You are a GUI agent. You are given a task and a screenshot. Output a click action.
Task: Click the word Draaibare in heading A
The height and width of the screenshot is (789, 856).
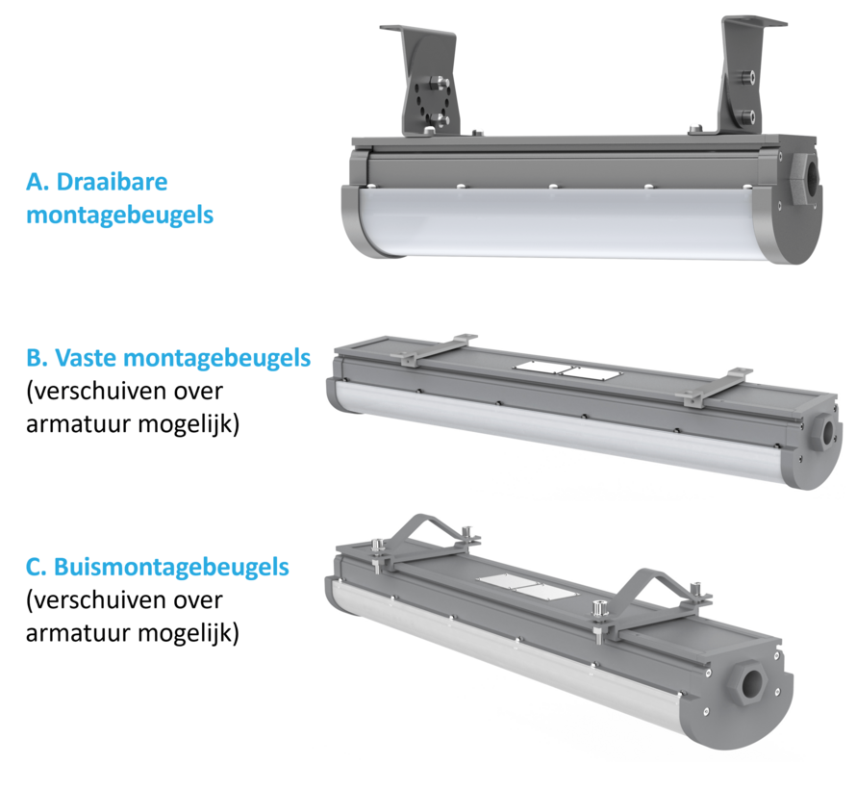pyautogui.click(x=113, y=181)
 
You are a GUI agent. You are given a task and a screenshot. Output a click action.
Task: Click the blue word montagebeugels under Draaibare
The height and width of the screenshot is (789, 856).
pyautogui.click(x=119, y=214)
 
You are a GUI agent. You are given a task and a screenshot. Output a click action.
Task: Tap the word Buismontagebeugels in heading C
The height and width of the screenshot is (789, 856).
pyautogui.click(x=170, y=567)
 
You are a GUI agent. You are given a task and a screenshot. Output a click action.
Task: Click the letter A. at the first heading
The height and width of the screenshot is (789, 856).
pyautogui.click(x=38, y=181)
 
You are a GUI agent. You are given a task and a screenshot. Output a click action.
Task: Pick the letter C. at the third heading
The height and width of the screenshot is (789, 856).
pyautogui.click(x=38, y=567)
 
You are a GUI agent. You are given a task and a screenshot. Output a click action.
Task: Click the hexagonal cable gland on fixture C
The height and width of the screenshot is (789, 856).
pyautogui.click(x=753, y=681)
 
